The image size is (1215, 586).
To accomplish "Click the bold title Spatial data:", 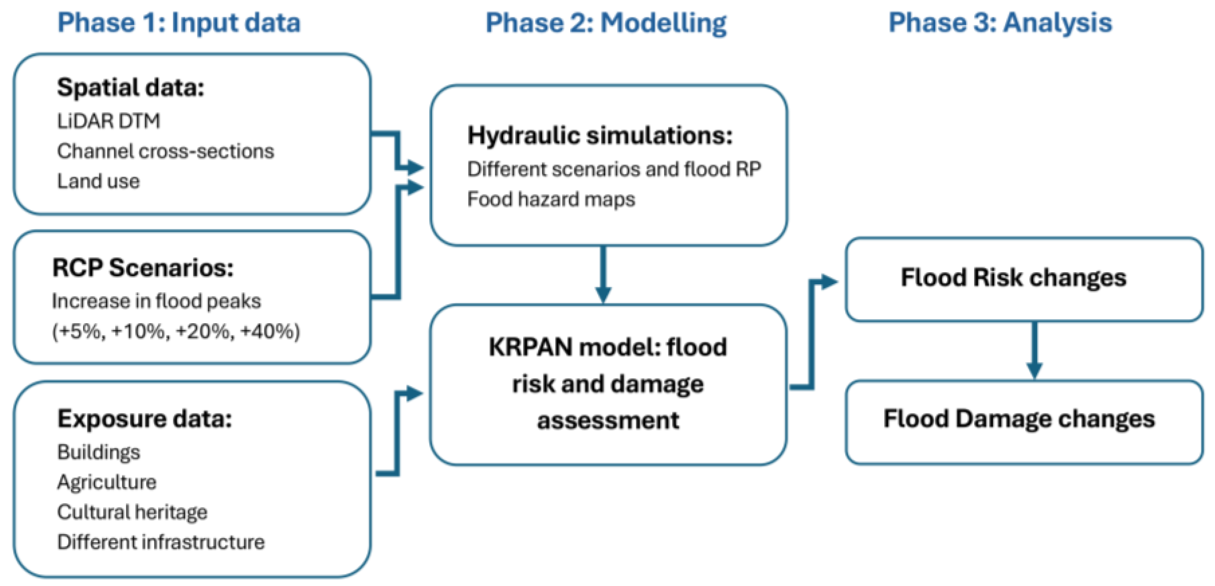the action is [x=130, y=88].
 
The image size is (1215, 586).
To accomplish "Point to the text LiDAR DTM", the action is [x=109, y=121].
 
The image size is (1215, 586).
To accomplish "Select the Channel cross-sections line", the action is [x=165, y=152].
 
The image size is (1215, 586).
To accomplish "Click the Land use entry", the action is [x=98, y=181].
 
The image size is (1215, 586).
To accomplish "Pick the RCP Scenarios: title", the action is [x=143, y=269].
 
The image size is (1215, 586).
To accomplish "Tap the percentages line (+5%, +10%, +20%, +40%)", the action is [x=176, y=331].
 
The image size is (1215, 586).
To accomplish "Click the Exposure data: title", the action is [x=145, y=419].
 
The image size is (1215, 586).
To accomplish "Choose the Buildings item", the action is [x=99, y=452].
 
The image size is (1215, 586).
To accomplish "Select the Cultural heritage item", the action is [x=132, y=512].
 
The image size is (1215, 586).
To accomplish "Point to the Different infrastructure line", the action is [x=161, y=542].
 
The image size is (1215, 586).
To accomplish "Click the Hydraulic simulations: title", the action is [x=600, y=136].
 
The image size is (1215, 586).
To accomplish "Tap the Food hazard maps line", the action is [x=551, y=199].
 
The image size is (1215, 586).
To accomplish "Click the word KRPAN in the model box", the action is [x=530, y=348].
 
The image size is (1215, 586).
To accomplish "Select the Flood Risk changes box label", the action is [x=1013, y=278].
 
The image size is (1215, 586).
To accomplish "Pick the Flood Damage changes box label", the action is [x=1019, y=419].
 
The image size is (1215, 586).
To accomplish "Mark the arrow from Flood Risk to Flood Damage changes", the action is [x=1034, y=350].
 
